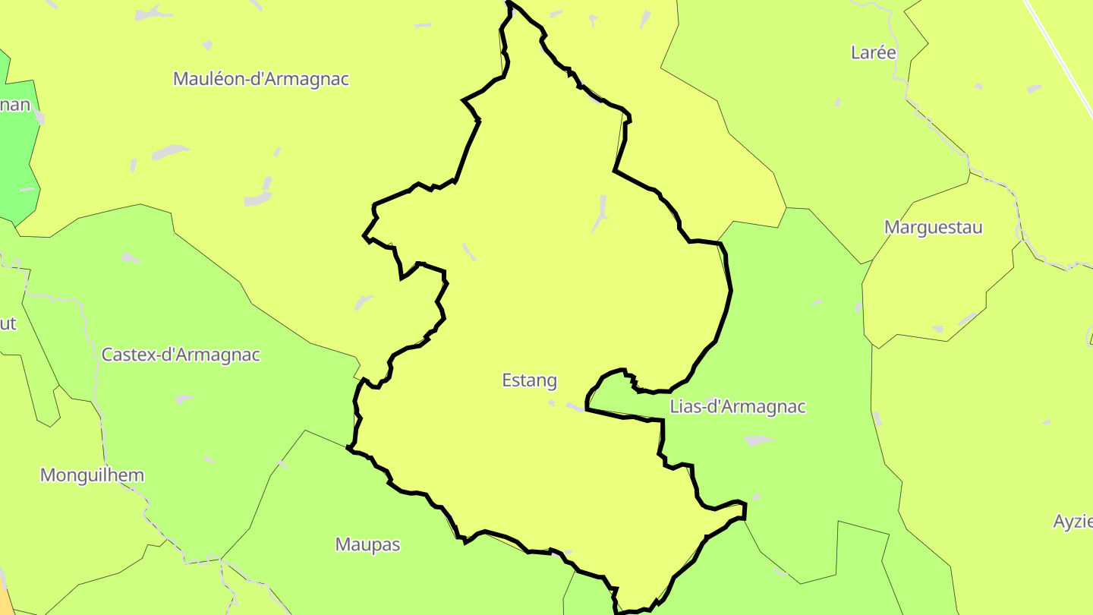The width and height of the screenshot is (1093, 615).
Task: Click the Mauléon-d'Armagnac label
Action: [x=261, y=79]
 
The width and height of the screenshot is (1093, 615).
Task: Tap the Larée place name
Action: [x=874, y=52]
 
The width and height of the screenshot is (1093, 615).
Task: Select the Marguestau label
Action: [x=933, y=227]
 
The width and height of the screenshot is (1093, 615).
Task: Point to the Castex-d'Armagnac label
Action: [x=181, y=355]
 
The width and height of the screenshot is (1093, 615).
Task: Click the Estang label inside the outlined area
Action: [x=529, y=380]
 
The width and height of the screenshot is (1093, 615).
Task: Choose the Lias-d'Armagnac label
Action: [x=737, y=407]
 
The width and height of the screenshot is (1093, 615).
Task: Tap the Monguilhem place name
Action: [x=92, y=475]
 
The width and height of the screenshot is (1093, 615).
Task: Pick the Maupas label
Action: [x=367, y=544]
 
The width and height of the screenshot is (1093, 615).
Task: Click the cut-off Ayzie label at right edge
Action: [x=1073, y=522]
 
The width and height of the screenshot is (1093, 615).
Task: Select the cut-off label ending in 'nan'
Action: [x=15, y=105]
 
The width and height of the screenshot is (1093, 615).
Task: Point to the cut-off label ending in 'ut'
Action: [x=8, y=323]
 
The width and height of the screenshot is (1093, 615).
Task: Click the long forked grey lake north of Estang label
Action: [x=601, y=213]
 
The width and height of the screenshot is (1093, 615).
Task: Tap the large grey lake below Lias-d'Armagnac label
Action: [x=758, y=440]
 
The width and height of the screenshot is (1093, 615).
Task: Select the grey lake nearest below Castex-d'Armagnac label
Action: [x=184, y=399]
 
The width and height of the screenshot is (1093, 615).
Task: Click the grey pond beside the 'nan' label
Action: [x=39, y=118]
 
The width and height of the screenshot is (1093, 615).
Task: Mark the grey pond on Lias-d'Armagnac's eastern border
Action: [x=877, y=418]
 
